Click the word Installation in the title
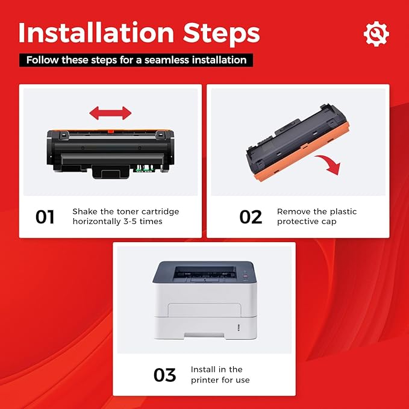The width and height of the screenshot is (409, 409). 96,33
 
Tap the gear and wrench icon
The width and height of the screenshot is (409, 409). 376,34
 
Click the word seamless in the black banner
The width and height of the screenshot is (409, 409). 167,60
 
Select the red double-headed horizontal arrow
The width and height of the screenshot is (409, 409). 110,113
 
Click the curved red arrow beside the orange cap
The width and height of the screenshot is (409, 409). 329,163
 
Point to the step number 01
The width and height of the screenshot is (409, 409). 45,217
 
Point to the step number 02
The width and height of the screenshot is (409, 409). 251,217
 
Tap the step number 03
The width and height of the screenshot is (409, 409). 165,375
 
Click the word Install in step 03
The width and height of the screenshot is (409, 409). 203,369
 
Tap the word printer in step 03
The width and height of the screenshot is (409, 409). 204,380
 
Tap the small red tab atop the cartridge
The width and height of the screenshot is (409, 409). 111,131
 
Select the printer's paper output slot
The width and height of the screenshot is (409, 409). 205,273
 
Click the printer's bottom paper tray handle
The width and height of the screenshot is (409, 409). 204,335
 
